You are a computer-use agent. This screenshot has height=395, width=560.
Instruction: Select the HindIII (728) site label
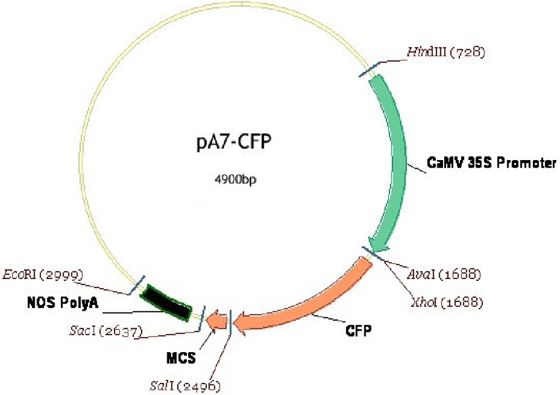point(445,52)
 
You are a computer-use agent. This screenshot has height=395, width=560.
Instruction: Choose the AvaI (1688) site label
point(444,275)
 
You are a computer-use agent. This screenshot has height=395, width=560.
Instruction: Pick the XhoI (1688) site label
point(445,303)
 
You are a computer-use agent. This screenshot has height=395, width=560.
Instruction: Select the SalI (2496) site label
point(194,383)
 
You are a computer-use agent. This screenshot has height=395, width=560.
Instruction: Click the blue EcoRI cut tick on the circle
point(137,284)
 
